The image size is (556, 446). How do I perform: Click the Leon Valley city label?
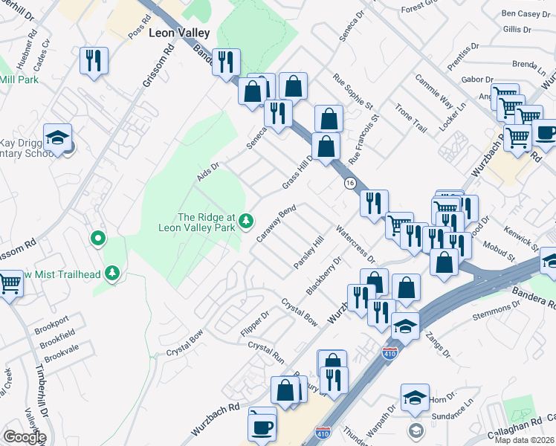click(179, 33)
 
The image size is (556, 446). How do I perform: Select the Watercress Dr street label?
click(355, 244)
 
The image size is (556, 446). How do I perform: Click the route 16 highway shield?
click(349, 182)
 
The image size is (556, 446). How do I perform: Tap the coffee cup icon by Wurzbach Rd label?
click(262, 425)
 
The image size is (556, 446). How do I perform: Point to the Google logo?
click(24, 437)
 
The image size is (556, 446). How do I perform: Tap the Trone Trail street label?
click(410, 118)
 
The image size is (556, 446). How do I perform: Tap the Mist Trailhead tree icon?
click(112, 274)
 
